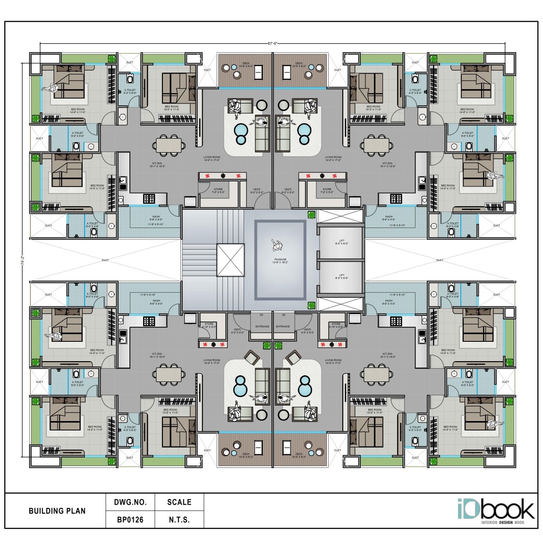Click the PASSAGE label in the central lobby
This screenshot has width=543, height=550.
click(280, 259)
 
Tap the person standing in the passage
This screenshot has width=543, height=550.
click(277, 245)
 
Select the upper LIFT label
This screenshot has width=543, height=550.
click(341, 241)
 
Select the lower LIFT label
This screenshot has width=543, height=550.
click(341, 275)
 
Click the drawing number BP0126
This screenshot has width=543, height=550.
click(130, 520)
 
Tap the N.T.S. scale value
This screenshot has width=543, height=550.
click(179, 520)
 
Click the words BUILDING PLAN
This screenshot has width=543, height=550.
click(57, 511)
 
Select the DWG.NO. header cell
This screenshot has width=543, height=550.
click(130, 502)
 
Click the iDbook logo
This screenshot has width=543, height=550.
click(495, 510)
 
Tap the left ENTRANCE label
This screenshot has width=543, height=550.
click(262, 326)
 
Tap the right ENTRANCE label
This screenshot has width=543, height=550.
click(283, 326)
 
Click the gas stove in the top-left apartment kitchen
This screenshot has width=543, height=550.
click(149, 198)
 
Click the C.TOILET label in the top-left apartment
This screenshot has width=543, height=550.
click(130, 91)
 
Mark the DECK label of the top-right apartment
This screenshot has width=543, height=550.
click(299, 64)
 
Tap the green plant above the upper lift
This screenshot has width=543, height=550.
click(311, 214)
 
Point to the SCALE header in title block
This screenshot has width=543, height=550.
click(179, 502)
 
